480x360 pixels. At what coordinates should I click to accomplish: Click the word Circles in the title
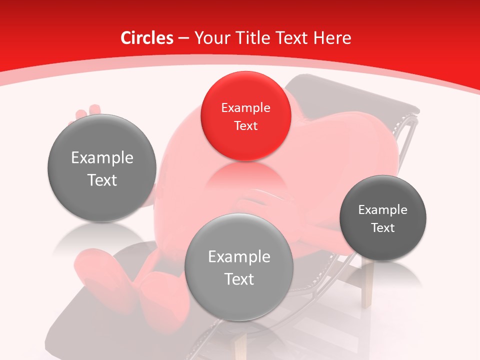click(146, 38)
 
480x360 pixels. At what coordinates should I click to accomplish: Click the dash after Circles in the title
click(183, 38)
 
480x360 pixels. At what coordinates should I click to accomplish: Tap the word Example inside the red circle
click(245, 108)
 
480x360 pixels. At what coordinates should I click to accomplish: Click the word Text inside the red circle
click(245, 125)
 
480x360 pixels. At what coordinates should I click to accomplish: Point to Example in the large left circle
click(102, 158)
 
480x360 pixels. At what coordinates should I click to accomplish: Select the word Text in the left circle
click(102, 180)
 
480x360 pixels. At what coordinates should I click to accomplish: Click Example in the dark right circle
click(382, 210)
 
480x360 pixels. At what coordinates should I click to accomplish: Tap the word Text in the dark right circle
click(382, 228)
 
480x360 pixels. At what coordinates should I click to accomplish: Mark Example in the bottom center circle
click(239, 257)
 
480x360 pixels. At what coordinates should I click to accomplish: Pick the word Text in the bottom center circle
click(239, 279)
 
